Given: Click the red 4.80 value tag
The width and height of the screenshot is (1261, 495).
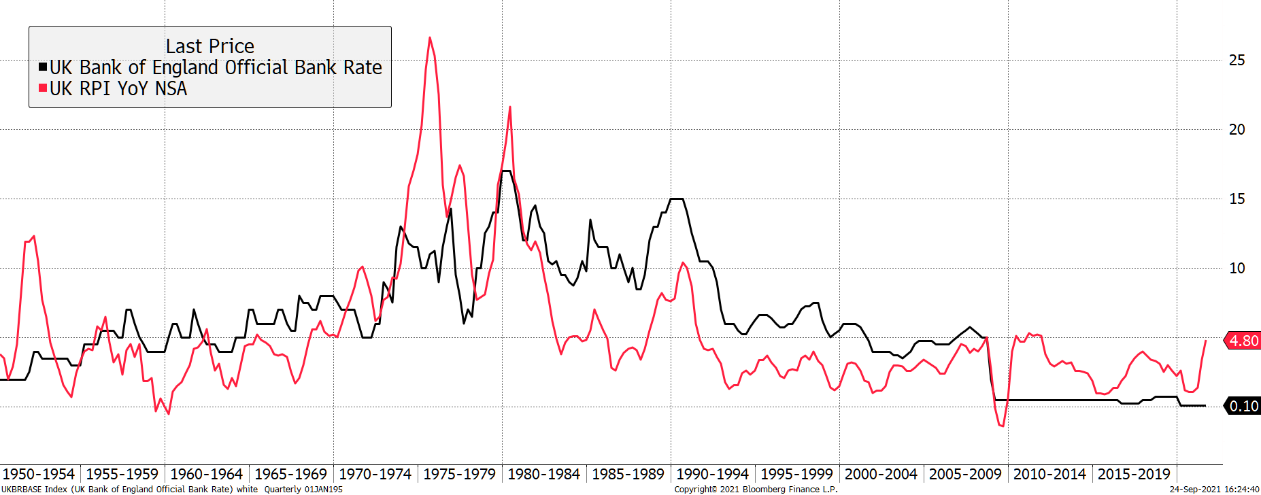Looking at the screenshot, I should coord(1243,341).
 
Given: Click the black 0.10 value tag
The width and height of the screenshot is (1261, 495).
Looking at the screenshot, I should coord(1243,406).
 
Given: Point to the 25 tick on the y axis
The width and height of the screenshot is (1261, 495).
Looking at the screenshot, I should coord(1237,60).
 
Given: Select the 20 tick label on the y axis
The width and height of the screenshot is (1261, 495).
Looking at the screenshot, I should coord(1237,129).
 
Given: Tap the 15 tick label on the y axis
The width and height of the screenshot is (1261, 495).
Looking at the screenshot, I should coord(1237,199).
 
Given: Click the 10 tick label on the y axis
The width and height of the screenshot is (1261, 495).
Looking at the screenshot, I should coord(1237,268).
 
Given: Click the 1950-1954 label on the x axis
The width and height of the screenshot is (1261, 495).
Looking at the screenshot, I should coord(39,474).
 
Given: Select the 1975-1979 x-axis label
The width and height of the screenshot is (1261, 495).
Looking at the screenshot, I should coord(459,474).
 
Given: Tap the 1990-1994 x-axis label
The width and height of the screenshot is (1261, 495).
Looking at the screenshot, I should coord(712,474).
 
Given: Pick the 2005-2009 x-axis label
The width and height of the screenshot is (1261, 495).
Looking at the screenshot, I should coord(965,474).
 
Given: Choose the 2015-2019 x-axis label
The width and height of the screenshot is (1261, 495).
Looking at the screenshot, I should coord(1134,474).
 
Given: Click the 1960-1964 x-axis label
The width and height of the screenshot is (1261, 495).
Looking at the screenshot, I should coord(206,474).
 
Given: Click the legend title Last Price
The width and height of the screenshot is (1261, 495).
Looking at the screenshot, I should coord(209,46).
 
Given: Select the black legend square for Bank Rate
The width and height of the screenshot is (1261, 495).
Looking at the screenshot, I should coord(43,67).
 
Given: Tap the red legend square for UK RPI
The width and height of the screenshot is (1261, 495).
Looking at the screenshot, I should coord(43,88).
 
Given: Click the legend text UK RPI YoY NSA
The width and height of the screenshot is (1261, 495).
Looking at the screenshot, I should coord(118,88).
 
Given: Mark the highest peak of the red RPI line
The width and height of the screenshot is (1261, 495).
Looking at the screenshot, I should coord(430,38).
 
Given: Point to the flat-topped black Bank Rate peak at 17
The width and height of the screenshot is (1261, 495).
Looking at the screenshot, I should coord(506,171).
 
